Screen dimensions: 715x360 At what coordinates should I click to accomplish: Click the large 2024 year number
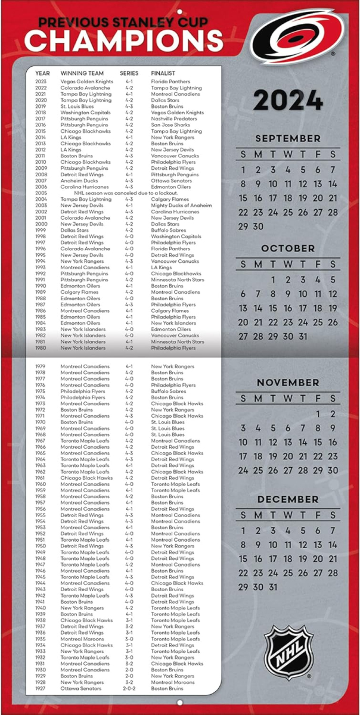tap(288, 100)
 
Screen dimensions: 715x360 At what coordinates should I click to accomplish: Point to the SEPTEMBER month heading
tap(288, 138)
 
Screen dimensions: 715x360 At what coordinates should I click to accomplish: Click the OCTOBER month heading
tap(288, 248)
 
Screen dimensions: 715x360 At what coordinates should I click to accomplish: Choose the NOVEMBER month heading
tap(288, 383)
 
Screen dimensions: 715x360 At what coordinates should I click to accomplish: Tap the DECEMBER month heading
tap(288, 499)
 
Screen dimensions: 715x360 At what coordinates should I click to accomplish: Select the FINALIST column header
tap(163, 73)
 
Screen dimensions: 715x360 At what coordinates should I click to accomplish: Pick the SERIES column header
tap(129, 73)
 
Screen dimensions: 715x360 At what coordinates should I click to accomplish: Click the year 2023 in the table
tap(41, 82)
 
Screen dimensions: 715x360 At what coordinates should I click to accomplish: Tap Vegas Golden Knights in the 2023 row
tap(86, 82)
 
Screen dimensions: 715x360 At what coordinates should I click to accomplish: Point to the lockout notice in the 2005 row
tap(126, 193)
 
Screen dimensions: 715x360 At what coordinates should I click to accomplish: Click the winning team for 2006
tap(85, 187)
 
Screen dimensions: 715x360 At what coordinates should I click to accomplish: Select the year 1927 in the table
tap(41, 689)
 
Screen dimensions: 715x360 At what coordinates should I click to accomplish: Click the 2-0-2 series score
tap(129, 689)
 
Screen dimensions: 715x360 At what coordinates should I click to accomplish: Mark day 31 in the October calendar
tap(303, 336)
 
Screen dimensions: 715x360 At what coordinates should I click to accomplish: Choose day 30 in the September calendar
tap(258, 226)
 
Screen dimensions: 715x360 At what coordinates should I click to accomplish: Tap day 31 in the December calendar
tap(273, 587)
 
